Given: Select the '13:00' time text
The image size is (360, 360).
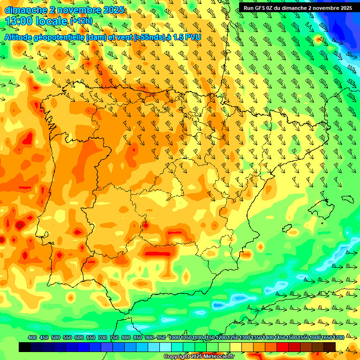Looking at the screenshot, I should (19, 21).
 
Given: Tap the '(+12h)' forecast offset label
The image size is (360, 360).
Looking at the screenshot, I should (82, 21).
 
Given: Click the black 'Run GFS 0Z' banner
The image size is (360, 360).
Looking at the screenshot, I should (298, 7).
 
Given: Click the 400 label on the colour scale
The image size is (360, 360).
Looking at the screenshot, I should (32, 337).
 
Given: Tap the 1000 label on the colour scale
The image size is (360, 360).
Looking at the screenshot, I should (174, 337).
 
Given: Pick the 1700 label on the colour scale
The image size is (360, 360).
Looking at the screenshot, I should (327, 337).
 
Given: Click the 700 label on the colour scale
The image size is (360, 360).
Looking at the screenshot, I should (103, 337).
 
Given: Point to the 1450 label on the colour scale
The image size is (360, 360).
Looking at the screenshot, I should (280, 337).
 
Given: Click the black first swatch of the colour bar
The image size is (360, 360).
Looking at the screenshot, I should (25, 347).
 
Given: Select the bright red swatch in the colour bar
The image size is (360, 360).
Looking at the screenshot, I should (283, 347).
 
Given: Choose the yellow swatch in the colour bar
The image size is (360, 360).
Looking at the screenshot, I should (236, 347).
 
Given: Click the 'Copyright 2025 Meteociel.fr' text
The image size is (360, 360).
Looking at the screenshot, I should (199, 356).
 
